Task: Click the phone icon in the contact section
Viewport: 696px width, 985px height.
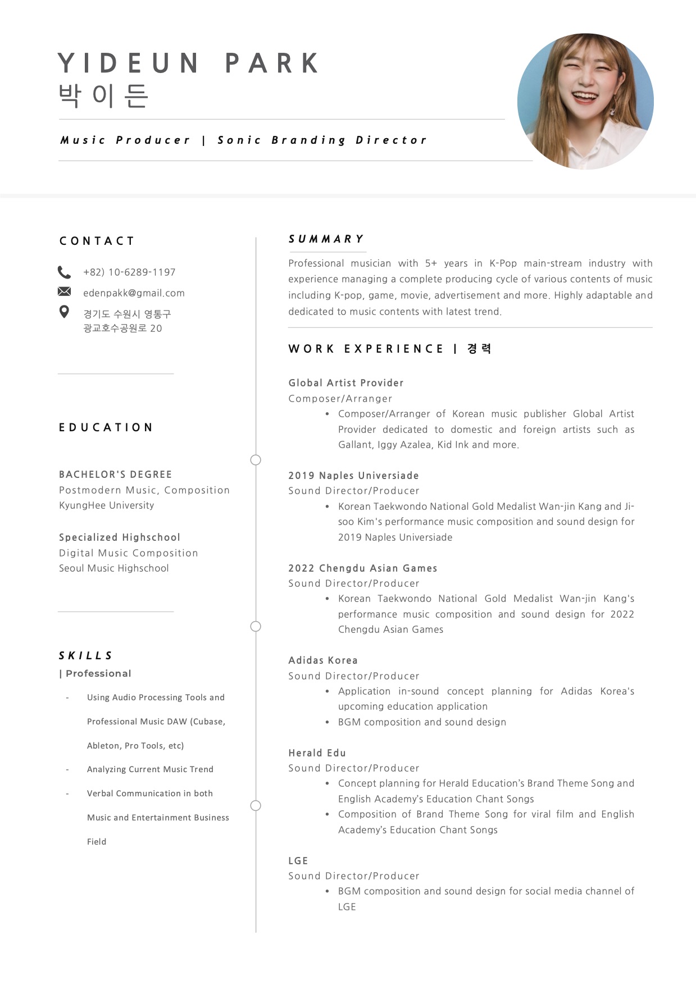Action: tap(64, 272)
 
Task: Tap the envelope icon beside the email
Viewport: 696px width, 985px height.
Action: tap(64, 291)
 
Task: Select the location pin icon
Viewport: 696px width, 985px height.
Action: tap(64, 312)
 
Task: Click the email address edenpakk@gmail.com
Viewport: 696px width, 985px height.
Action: tap(134, 293)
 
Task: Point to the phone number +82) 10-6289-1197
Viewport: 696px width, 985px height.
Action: tap(129, 272)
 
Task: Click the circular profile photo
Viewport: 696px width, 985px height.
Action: tap(585, 102)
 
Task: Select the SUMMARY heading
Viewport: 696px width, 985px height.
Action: tap(326, 239)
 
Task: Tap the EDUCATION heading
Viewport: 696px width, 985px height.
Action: tap(106, 428)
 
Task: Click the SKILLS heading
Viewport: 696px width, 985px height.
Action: tap(86, 656)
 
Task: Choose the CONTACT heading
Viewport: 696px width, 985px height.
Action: tap(97, 241)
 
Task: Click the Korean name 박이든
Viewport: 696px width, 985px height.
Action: tap(103, 96)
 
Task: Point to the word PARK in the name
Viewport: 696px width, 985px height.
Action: tap(273, 63)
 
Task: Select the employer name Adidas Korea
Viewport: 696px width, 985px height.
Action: tap(323, 660)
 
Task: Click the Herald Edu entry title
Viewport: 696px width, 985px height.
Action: tap(317, 753)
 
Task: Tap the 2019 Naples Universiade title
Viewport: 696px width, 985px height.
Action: tap(353, 476)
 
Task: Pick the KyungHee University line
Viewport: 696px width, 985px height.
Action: tap(107, 505)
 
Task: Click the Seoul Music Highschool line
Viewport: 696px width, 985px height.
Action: tap(114, 568)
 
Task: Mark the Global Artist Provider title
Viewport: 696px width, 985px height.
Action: tap(346, 383)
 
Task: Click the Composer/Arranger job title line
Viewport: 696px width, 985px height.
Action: tap(340, 399)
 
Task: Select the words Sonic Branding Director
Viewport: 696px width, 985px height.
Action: tap(322, 140)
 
